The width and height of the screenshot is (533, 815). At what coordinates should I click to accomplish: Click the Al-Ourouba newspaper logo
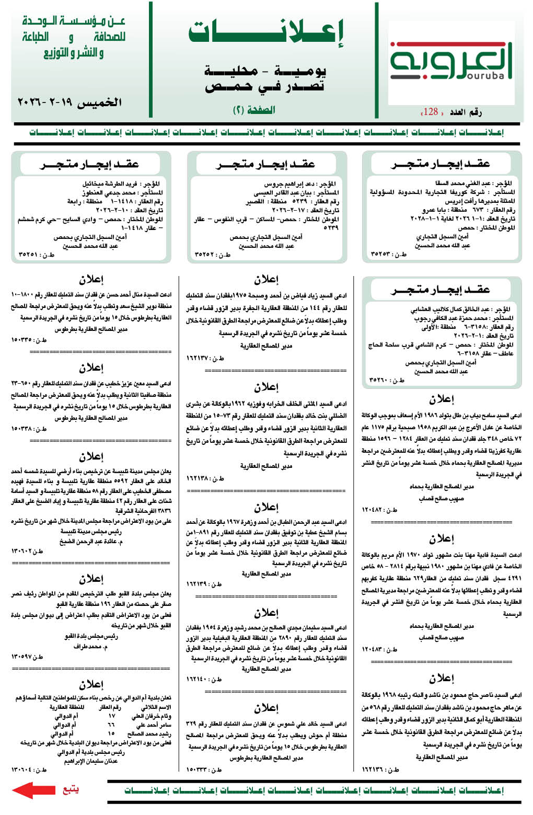(x=451, y=62)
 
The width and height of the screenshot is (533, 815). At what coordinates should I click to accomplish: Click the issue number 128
(x=431, y=112)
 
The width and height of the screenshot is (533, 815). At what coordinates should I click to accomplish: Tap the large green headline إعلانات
(x=265, y=33)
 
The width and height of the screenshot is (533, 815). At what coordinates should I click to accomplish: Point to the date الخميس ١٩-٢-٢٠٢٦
(x=69, y=102)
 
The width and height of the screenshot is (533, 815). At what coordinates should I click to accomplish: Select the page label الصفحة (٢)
(x=254, y=110)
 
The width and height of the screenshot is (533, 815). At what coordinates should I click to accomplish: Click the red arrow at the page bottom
(x=33, y=790)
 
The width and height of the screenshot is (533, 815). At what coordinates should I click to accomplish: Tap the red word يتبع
(x=71, y=789)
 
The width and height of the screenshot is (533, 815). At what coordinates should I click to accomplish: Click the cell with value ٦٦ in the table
(x=111, y=725)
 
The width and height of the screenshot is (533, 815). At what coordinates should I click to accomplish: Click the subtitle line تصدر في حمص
(x=265, y=86)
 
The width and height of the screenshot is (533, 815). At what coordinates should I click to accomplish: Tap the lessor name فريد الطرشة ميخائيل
(x=110, y=184)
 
